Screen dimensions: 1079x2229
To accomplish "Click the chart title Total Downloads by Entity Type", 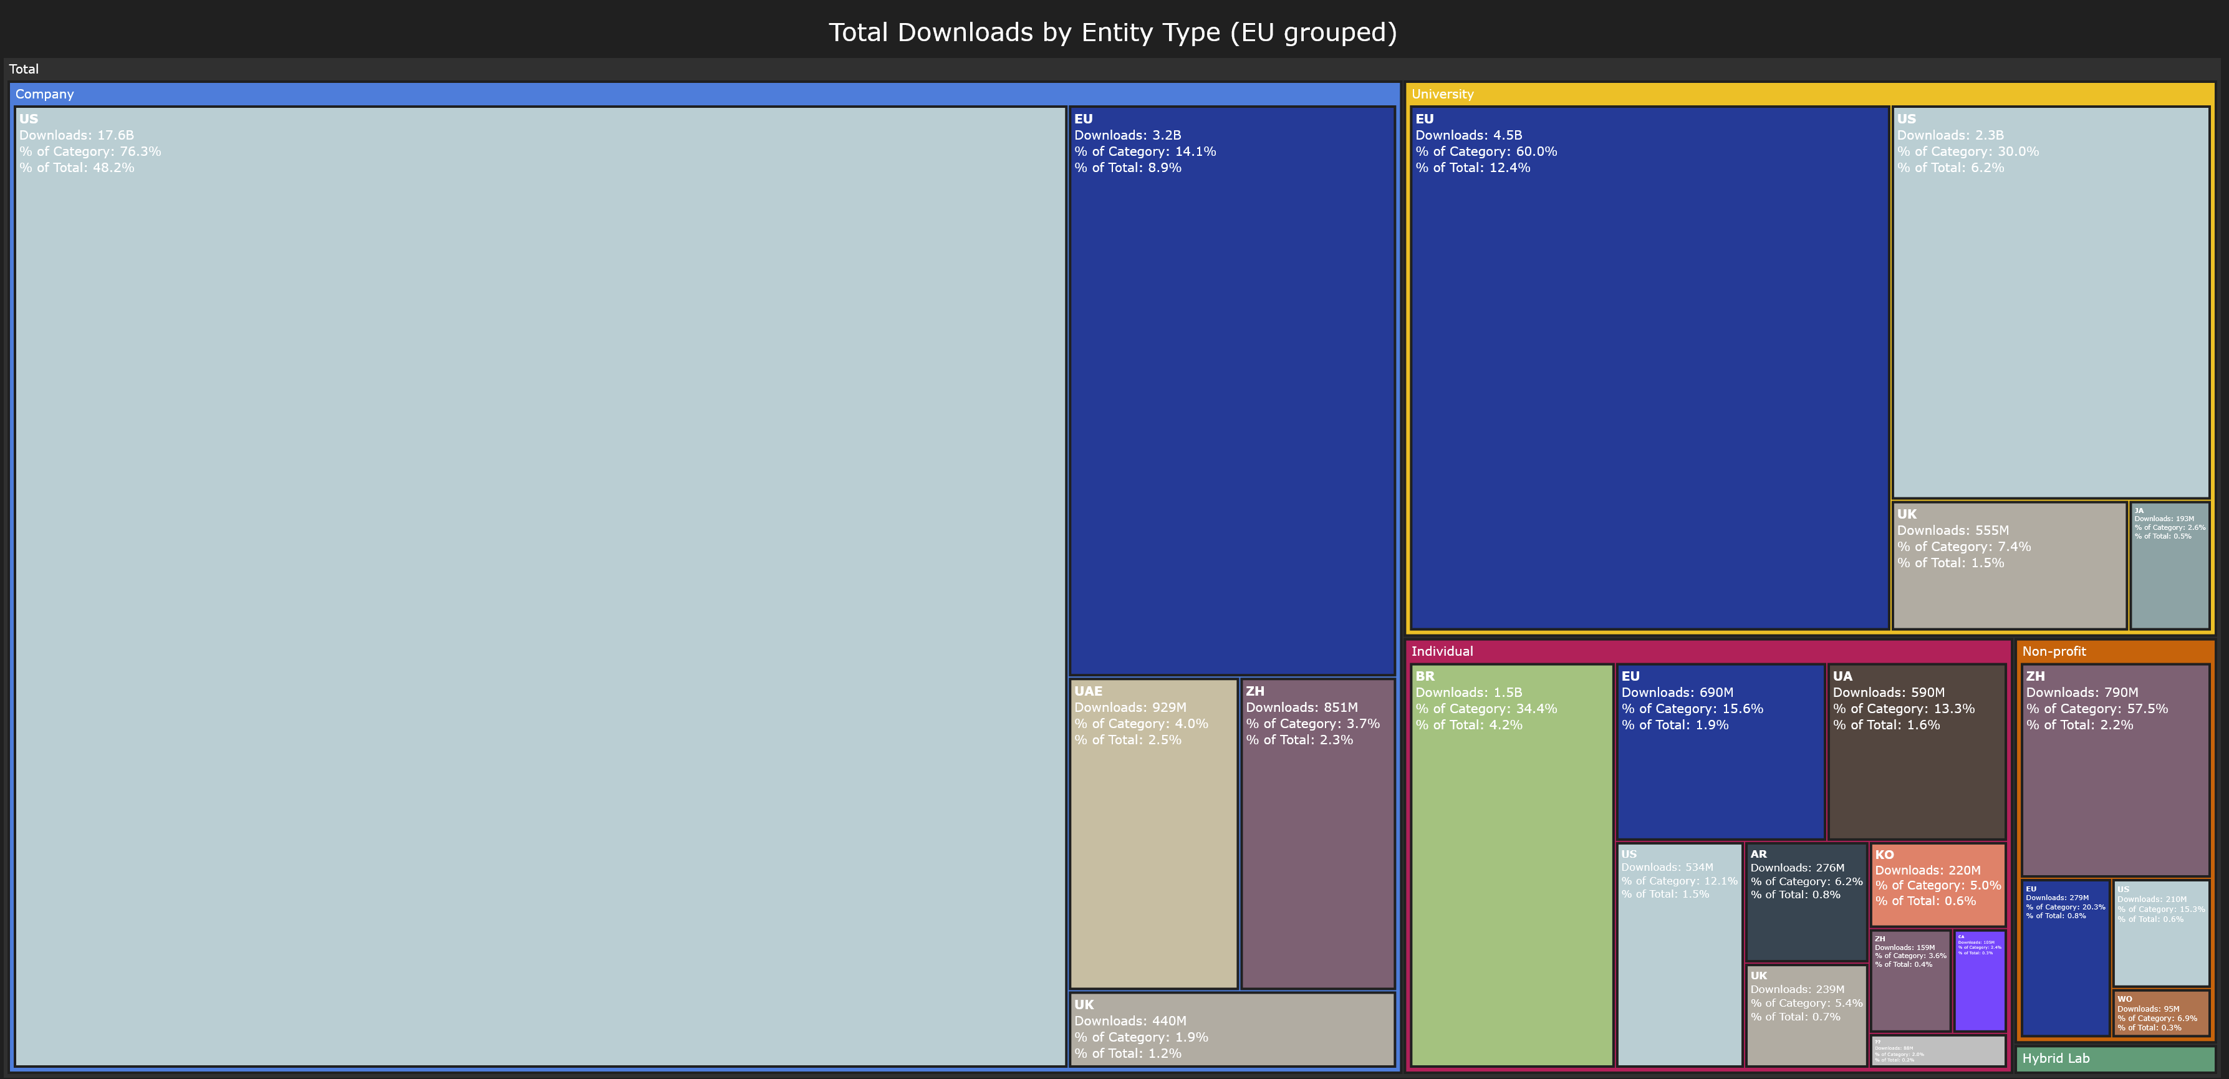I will coord(1113,32).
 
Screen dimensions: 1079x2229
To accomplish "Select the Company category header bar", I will coord(705,94).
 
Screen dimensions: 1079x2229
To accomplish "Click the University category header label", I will coord(1442,94).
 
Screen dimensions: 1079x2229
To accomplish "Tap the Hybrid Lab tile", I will coord(2115,1058).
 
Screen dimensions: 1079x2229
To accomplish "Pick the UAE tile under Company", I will coord(1153,832).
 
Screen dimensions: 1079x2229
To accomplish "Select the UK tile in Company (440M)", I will coord(1231,1029).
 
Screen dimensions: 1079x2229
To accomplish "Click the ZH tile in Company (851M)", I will coord(1317,832).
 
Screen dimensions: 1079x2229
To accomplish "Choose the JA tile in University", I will coord(2169,565).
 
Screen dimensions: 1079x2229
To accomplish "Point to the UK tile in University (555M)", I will coord(2008,565).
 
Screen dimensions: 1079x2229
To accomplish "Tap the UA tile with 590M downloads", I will coord(1916,751).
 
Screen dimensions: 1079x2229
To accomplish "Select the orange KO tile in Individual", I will coord(1937,885).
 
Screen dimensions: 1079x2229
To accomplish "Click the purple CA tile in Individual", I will coord(1980,981).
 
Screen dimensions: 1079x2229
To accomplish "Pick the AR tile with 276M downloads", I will coord(1806,901).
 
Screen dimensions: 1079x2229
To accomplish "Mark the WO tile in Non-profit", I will coord(2160,1012).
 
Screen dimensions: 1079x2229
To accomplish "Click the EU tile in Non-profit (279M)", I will coord(2066,957).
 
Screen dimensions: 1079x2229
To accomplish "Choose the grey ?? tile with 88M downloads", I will coord(1937,1050).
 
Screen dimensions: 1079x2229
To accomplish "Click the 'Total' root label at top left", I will coord(24,69).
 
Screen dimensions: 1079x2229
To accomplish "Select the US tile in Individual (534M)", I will coord(1678,954).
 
